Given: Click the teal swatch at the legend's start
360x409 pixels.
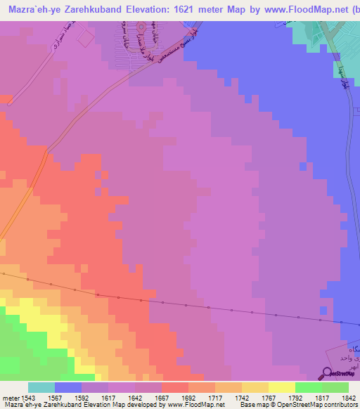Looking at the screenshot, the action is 41,387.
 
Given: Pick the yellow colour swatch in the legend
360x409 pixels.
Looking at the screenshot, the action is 282,387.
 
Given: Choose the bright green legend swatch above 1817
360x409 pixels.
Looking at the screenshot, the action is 309,387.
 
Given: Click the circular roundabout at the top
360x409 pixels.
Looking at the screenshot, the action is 141,29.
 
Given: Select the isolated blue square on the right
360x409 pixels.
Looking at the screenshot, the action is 302,167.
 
